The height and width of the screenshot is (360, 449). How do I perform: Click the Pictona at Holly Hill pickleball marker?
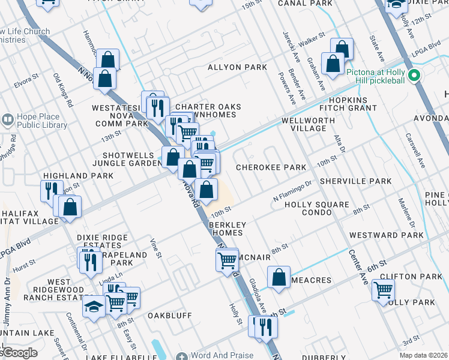[x=413, y=76]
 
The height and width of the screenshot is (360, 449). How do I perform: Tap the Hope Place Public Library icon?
[x=8, y=119]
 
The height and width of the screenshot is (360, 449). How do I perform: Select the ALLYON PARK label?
[x=237, y=67]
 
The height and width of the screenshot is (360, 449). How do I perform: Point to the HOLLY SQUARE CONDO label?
[x=316, y=209]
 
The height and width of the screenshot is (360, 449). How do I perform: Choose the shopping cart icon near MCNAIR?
[x=227, y=260]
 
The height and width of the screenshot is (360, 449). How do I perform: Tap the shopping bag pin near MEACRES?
[x=279, y=277]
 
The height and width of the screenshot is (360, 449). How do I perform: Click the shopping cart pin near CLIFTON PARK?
[x=382, y=290]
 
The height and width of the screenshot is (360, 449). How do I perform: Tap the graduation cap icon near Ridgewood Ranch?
[x=94, y=306]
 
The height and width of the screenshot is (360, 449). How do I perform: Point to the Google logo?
[x=19, y=353]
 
